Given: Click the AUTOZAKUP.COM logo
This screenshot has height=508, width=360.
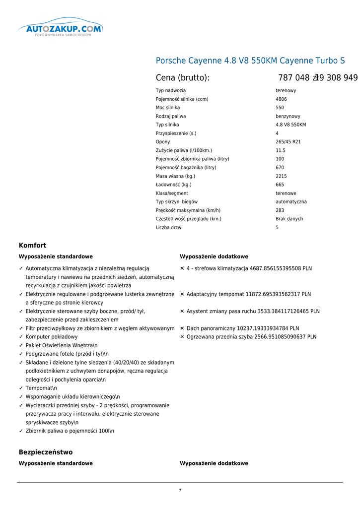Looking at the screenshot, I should point(61,29).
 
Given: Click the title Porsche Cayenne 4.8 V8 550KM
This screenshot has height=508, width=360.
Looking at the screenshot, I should point(250,61).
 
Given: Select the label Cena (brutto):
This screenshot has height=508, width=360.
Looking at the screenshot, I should point(183,78).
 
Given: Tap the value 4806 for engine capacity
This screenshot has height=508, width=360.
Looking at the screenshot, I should point(281,99).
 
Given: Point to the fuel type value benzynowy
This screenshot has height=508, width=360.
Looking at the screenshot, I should point(288,116).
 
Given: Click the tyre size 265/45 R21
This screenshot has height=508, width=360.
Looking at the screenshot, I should point(288,142).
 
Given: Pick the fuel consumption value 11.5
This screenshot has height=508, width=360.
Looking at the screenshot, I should point(281,150).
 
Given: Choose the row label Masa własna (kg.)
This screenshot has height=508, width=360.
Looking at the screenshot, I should point(175,176).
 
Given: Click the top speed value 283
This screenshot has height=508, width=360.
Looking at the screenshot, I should point(280,210).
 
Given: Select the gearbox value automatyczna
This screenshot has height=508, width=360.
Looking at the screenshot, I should point(291,202).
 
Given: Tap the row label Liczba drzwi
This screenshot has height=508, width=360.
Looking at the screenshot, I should point(169,228).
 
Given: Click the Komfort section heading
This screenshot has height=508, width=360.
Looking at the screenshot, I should point(32,246).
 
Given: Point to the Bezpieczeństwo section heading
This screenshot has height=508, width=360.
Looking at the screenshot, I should point(46,452).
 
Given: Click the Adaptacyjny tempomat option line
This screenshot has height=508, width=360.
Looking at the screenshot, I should point(249,294).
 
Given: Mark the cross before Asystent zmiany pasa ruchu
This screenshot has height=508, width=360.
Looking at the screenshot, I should point(182,312).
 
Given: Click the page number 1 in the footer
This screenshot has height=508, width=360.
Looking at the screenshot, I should point(180,491).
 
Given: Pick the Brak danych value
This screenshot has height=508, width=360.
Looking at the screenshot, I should point(289,219).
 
